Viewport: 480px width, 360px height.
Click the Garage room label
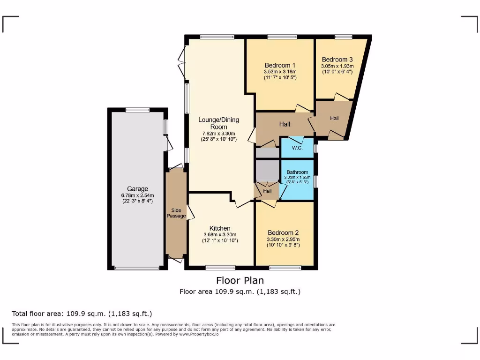[137, 189]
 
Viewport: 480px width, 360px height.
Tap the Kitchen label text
[220, 228]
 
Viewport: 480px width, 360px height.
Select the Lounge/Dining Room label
[218, 123]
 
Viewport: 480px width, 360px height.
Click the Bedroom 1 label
[280, 65]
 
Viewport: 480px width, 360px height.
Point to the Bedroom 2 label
[283, 232]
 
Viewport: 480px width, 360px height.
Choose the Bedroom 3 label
[337, 60]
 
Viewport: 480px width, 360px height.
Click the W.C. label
[297, 148]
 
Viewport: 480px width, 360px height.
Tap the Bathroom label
[298, 172]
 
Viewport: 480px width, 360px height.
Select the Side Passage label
[176, 213]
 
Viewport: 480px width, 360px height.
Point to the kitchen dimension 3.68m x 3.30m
[220, 235]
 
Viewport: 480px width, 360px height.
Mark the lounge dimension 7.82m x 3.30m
[218, 133]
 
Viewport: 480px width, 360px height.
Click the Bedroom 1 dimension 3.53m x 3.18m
[280, 72]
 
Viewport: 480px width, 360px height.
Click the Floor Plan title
[240, 280]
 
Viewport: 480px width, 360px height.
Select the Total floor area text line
[82, 314]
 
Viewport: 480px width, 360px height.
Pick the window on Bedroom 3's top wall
[343, 37]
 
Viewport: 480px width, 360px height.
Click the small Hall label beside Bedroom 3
[334, 119]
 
